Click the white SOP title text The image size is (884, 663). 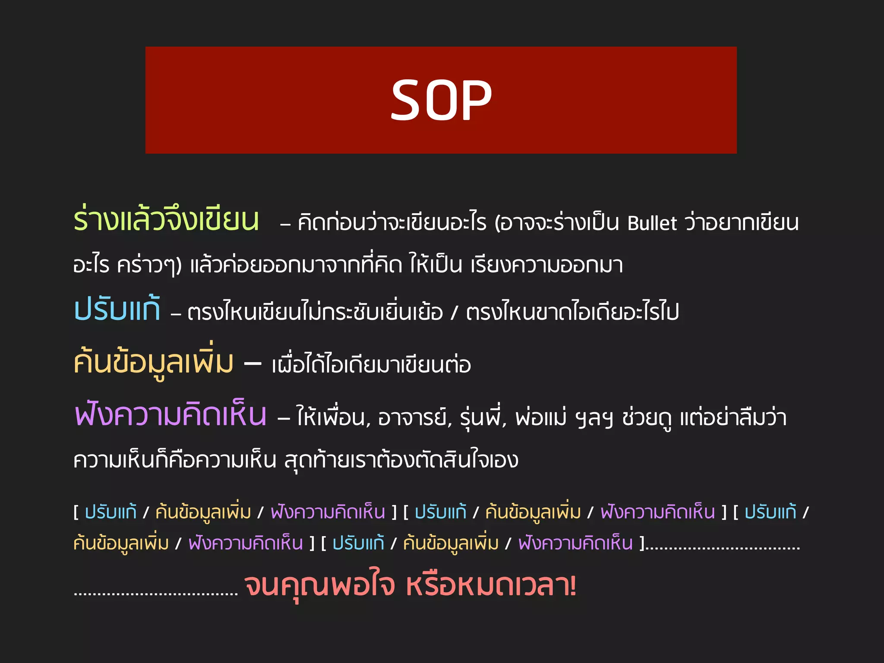pyautogui.click(x=441, y=101)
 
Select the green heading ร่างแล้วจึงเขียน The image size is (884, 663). pyautogui.click(x=166, y=220)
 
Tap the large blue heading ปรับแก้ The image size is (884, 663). pyautogui.click(x=117, y=309)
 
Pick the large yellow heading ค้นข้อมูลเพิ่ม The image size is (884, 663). pyautogui.click(x=154, y=363)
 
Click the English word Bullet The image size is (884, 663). pyautogui.click(x=652, y=223)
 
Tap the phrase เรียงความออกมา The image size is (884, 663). pyautogui.click(x=546, y=265)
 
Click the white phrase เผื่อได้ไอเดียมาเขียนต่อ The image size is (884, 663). pyautogui.click(x=371, y=365)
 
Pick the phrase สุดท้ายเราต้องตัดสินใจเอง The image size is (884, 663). pyautogui.click(x=401, y=460)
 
